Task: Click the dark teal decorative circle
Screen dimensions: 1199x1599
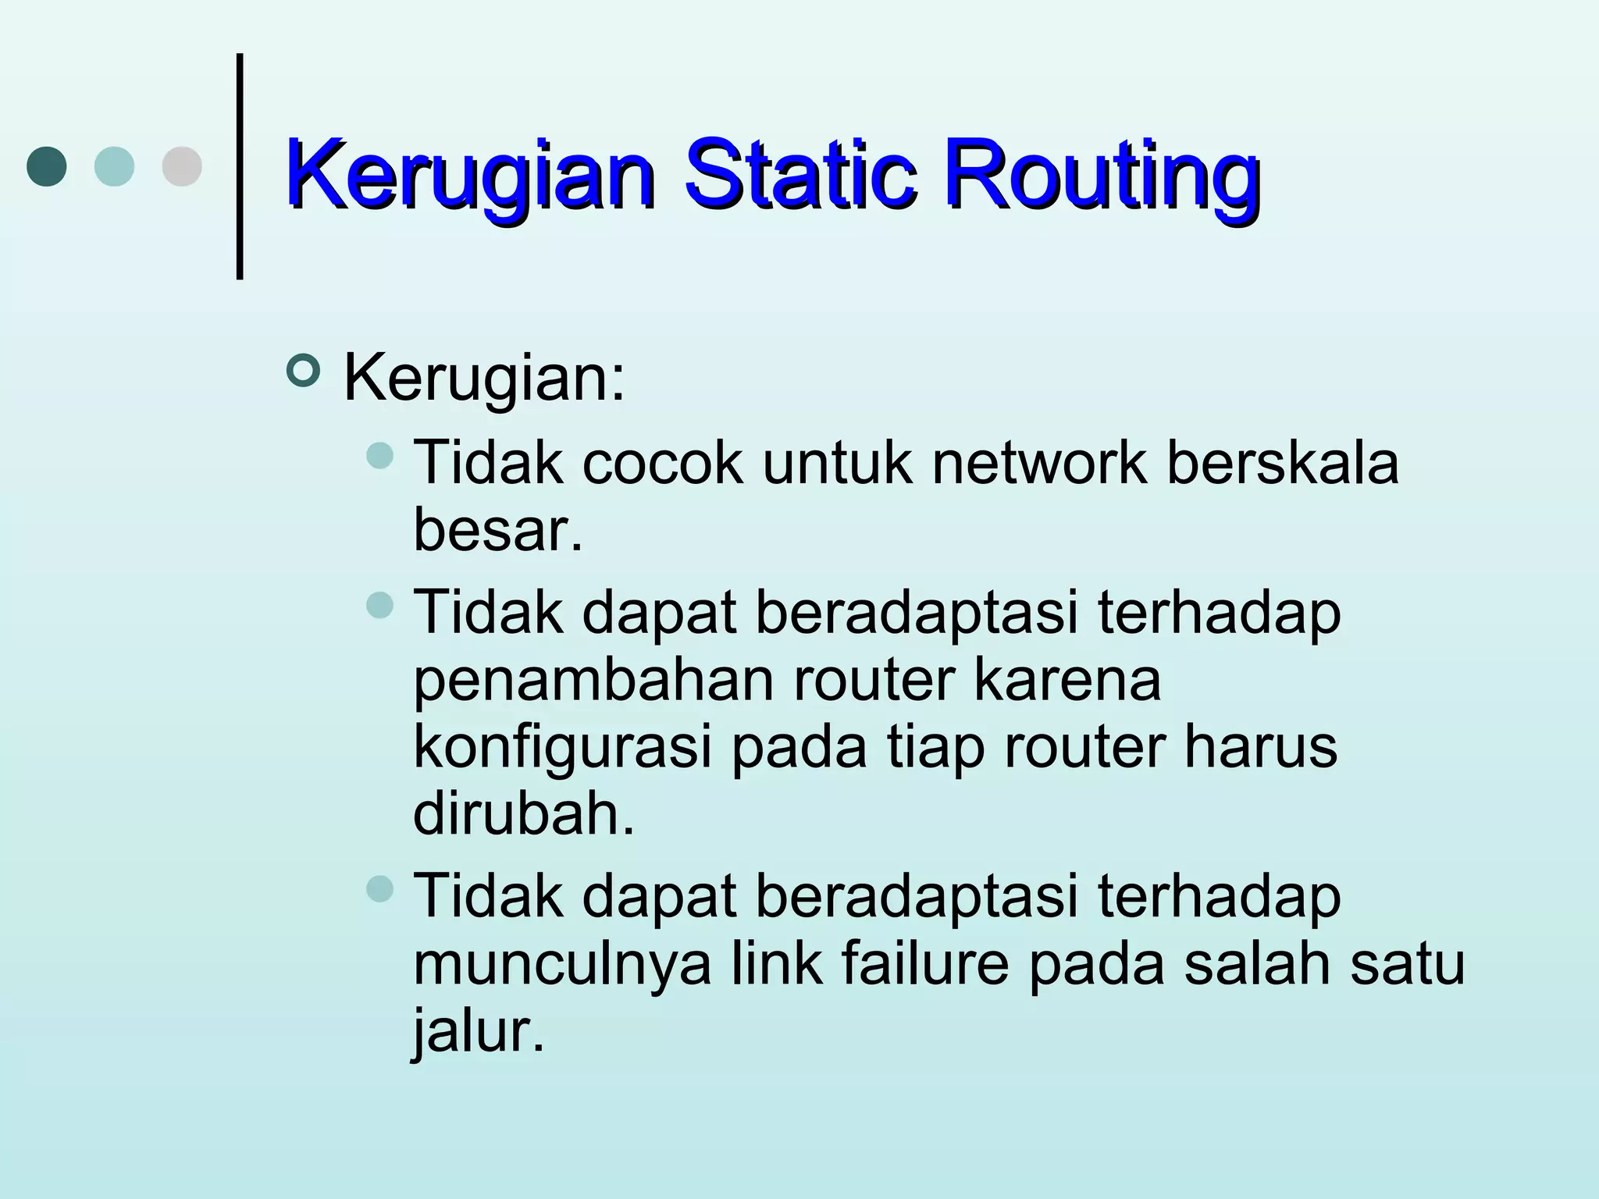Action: tap(47, 166)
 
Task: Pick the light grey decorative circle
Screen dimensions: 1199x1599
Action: tap(182, 166)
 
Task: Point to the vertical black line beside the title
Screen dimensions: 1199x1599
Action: tap(240, 165)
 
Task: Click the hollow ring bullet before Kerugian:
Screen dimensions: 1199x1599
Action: tap(303, 371)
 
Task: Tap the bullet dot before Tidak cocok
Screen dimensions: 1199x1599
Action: tap(380, 456)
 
